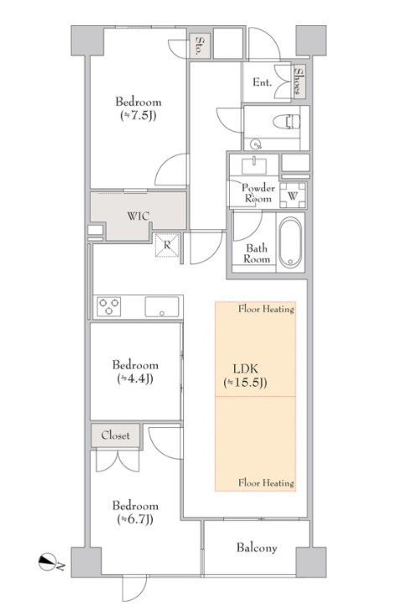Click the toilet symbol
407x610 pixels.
pyautogui.click(x=286, y=121)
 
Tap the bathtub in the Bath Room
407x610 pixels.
pyautogui.click(x=290, y=242)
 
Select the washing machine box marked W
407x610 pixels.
pyautogui.click(x=293, y=196)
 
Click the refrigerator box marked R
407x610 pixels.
pyautogui.click(x=167, y=245)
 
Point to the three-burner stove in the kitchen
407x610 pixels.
pyautogui.click(x=108, y=306)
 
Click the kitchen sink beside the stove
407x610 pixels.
pyautogui.click(x=162, y=307)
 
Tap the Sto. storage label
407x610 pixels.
pyautogui.click(x=200, y=45)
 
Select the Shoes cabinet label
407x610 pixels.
pyautogui.click(x=299, y=81)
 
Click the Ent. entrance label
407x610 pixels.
pyautogui.click(x=262, y=82)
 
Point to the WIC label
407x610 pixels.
pyautogui.click(x=138, y=216)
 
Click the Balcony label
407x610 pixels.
pyautogui.click(x=257, y=548)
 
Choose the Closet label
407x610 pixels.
pyautogui.click(x=116, y=435)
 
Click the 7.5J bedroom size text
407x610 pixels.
pyautogui.click(x=138, y=116)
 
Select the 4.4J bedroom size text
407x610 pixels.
pyautogui.click(x=135, y=378)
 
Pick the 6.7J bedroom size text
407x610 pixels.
pyautogui.click(x=135, y=519)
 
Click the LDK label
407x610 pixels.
pyautogui.click(x=245, y=368)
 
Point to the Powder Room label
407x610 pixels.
pyautogui.click(x=258, y=193)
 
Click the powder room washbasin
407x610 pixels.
pyautogui.click(x=254, y=165)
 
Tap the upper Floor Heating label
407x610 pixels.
pyautogui.click(x=266, y=310)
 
